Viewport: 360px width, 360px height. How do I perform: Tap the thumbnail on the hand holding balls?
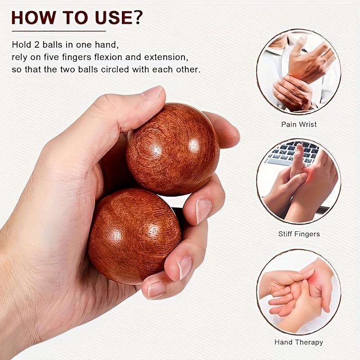152,93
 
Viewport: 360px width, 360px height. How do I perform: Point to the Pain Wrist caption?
298,124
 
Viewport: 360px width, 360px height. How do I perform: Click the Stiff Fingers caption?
298,234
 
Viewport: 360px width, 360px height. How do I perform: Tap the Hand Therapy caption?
298,342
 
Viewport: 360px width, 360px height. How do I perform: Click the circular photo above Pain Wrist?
298,72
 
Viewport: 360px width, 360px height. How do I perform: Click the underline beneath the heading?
58,31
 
